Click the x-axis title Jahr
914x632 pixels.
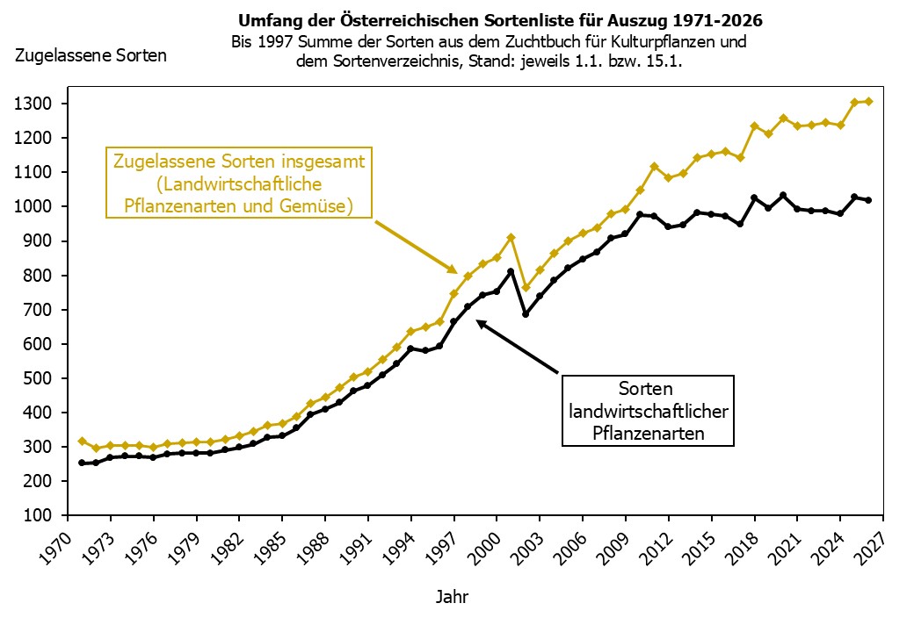(x=452, y=598)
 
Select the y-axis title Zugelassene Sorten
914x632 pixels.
(x=91, y=56)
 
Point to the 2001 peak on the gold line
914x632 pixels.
(x=511, y=237)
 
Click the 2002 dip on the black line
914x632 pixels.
(x=526, y=313)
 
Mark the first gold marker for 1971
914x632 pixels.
(x=82, y=441)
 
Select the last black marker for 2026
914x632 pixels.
(x=869, y=200)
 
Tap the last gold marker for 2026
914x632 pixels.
(x=869, y=102)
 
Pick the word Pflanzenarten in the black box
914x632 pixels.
(x=649, y=433)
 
